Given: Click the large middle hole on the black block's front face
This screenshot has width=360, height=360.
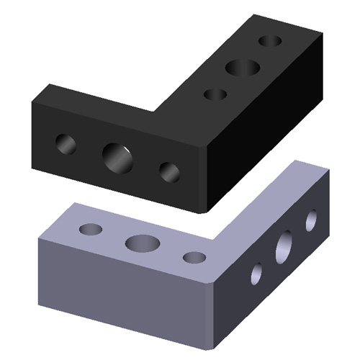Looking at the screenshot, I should pyautogui.click(x=117, y=157).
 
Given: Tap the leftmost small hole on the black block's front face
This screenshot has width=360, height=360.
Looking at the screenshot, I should pyautogui.click(x=66, y=144).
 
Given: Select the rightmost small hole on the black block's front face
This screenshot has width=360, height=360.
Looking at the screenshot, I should pyautogui.click(x=169, y=171).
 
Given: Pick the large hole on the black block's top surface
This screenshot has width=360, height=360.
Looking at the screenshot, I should pyautogui.click(x=243, y=68).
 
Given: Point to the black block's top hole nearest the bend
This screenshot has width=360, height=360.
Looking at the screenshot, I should pyautogui.click(x=215, y=94).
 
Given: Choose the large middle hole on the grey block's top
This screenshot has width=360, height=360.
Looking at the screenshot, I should pyautogui.click(x=142, y=243).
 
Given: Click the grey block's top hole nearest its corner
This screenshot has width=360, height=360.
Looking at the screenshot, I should pyautogui.click(x=194, y=256).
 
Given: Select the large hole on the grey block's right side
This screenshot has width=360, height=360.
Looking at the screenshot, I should pyautogui.click(x=284, y=246).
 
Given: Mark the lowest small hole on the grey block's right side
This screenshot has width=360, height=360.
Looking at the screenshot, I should pyautogui.click(x=256, y=273).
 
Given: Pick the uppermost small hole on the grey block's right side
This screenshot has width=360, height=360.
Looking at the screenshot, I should pyautogui.click(x=311, y=220).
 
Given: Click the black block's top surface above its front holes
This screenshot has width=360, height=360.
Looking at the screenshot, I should pyautogui.click(x=101, y=108).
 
